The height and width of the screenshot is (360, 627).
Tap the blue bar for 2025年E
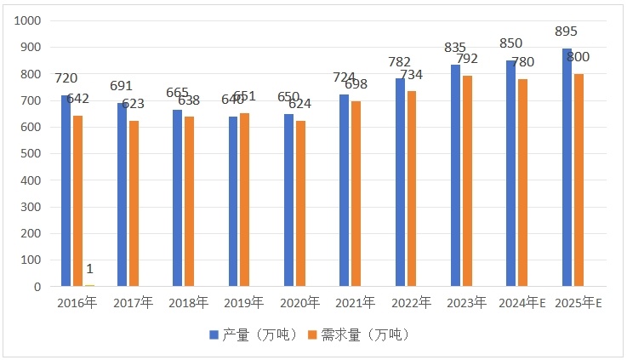click(567, 167)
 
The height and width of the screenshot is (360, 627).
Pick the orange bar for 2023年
click(467, 180)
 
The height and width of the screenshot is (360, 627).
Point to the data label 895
click(565, 31)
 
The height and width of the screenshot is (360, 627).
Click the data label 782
click(399, 62)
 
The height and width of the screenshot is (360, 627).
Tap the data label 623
click(133, 104)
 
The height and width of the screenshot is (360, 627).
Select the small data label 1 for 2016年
click(88, 269)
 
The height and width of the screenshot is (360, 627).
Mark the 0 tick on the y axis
click(38, 287)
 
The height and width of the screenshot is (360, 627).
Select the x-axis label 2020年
click(299, 303)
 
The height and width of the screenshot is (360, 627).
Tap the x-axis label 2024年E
click(522, 303)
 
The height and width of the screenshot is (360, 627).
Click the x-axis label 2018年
click(188, 303)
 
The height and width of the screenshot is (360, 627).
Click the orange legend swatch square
click(311, 335)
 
